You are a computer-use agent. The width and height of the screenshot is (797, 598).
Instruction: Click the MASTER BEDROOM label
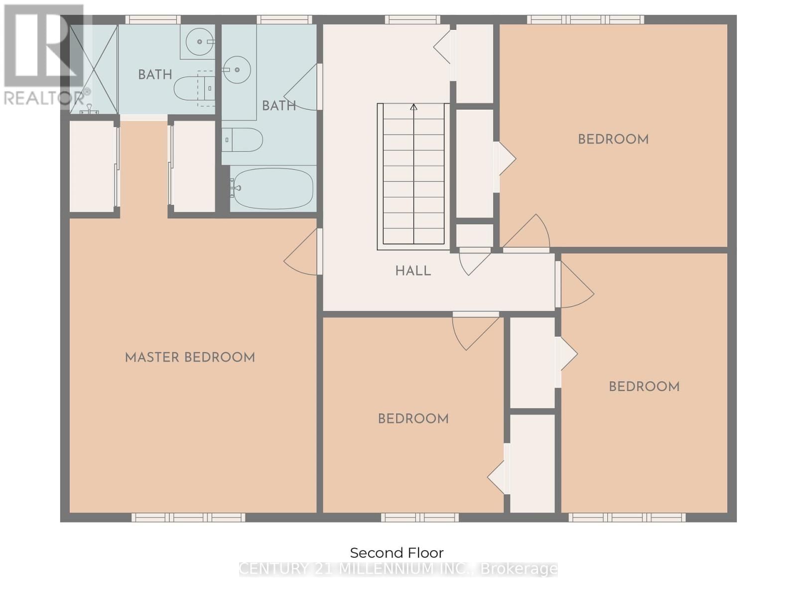[x=190, y=357]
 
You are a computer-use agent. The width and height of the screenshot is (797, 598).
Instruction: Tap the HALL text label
[x=413, y=271]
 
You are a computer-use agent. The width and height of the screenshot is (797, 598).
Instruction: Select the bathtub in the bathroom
[x=272, y=188]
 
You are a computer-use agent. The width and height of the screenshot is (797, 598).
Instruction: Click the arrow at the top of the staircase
[x=413, y=107]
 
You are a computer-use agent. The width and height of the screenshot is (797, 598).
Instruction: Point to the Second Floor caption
[x=397, y=553]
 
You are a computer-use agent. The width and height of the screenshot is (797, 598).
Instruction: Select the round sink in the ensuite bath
[x=200, y=42]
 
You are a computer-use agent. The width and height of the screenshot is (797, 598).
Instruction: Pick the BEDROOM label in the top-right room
[x=613, y=139]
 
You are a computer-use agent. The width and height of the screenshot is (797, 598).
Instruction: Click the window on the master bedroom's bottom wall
[x=188, y=518]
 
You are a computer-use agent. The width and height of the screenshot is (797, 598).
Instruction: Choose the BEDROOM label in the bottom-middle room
[x=413, y=419]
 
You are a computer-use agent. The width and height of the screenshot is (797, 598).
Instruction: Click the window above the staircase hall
[x=412, y=20]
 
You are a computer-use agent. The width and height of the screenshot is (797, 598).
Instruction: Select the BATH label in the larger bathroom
[x=279, y=106]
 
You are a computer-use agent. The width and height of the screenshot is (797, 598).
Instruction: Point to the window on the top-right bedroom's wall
[x=586, y=20]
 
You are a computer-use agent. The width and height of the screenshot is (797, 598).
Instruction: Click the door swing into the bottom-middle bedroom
[x=473, y=331]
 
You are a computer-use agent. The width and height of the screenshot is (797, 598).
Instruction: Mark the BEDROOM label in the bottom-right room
[x=644, y=387]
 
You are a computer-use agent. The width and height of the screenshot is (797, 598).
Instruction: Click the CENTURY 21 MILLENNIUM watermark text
[x=398, y=569]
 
